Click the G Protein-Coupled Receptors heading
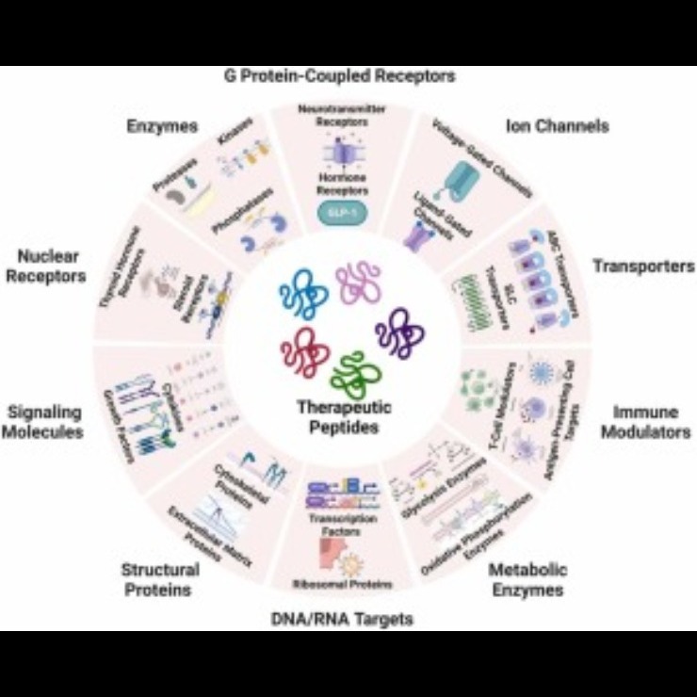click(348, 76)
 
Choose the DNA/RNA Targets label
click(348, 619)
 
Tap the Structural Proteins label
click(160, 579)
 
